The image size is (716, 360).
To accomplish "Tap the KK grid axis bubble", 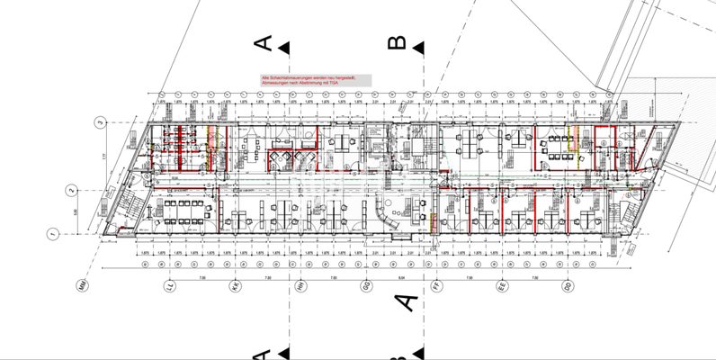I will pyautogui.click(x=234, y=286).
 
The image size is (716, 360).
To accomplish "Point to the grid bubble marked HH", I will pyautogui.click(x=300, y=286).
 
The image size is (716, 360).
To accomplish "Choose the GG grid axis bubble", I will pyautogui.click(x=365, y=286).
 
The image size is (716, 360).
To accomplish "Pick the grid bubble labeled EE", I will pyautogui.click(x=502, y=286).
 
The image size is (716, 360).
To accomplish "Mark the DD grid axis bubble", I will pyautogui.click(x=567, y=286).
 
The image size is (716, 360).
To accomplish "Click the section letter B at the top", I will pyautogui.click(x=397, y=43).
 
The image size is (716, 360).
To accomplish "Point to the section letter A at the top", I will pyautogui.click(x=264, y=43).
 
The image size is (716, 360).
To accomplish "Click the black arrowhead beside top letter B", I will pyautogui.click(x=419, y=48).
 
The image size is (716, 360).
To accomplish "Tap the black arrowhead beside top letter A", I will pyautogui.click(x=284, y=48).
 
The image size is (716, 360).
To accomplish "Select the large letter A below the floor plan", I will pyautogui.click(x=407, y=301).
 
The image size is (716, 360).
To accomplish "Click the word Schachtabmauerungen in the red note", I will pyautogui.click(x=291, y=78).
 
